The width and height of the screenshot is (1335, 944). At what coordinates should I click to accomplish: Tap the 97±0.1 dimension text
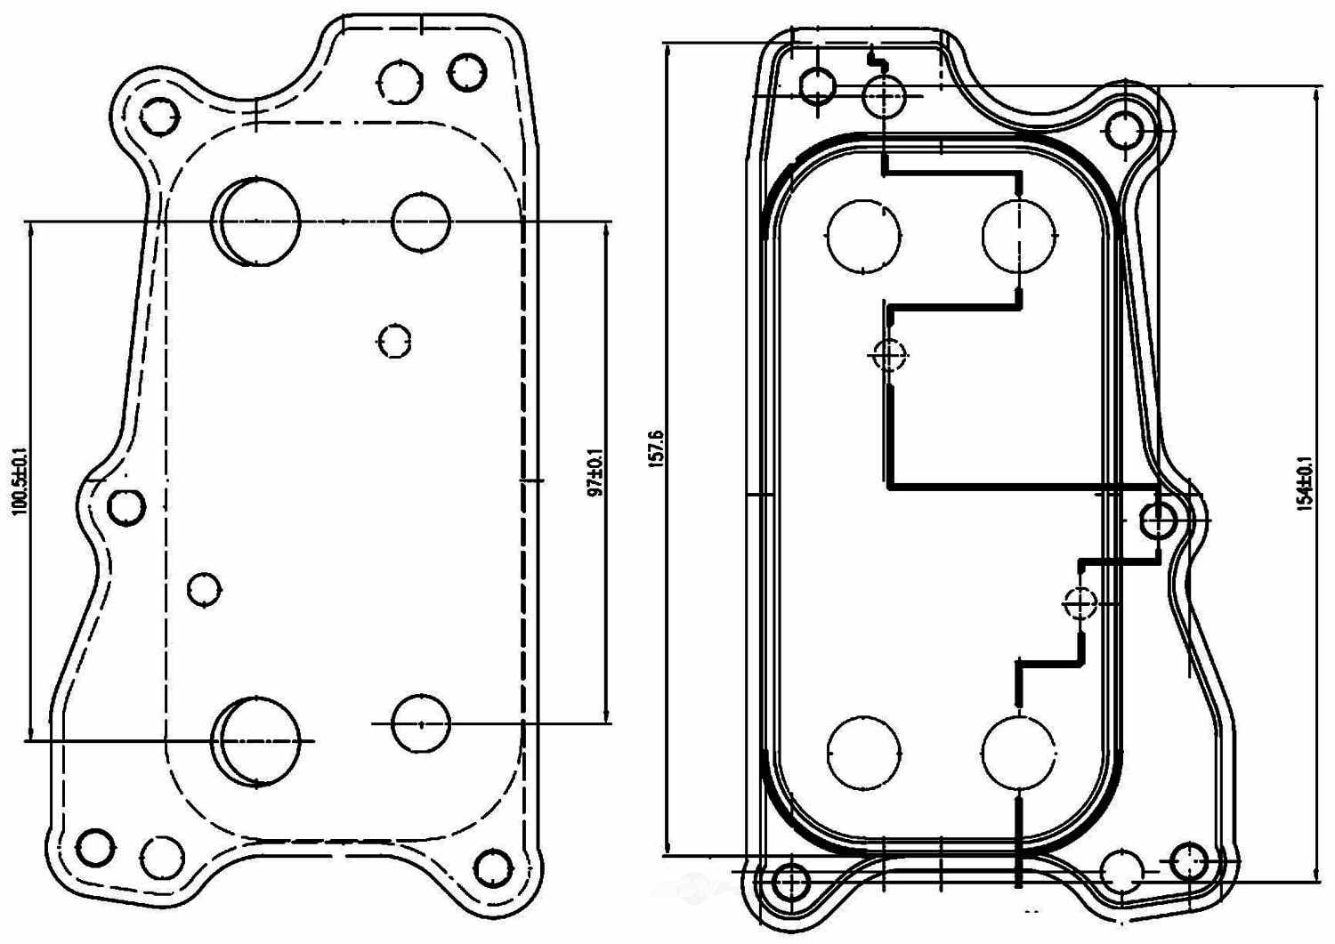(596, 472)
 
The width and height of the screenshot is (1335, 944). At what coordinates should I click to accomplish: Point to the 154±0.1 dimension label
(1306, 484)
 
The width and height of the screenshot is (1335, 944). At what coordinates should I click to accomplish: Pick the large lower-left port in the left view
(260, 740)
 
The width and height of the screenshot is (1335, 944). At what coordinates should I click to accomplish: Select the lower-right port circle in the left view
(421, 723)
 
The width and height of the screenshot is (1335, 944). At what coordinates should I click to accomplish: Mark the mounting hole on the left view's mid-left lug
(126, 506)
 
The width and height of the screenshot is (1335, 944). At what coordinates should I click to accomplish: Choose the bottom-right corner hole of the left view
(492, 867)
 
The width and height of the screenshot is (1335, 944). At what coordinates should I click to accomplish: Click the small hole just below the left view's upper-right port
(394, 341)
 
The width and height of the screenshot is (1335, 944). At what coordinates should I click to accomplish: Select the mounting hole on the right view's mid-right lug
(1158, 520)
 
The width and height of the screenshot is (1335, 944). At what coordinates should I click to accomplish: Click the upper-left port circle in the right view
(863, 236)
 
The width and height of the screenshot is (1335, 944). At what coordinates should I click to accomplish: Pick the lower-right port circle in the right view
(1019, 753)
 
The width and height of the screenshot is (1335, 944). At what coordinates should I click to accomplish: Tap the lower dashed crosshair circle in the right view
(1080, 603)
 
